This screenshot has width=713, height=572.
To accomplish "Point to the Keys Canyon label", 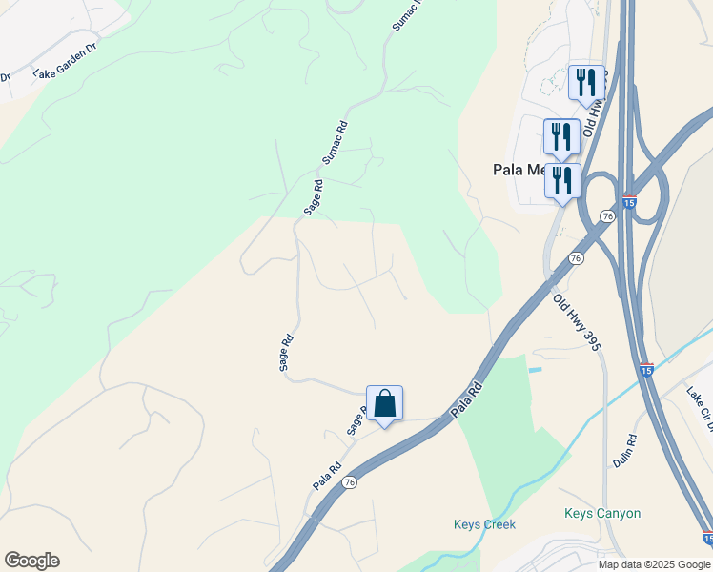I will pyautogui.click(x=602, y=513).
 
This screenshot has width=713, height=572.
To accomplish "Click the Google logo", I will pyautogui.click(x=31, y=561).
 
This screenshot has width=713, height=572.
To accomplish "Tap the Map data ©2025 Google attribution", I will pyautogui.click(x=654, y=564).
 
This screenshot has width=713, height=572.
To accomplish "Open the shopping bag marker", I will pyautogui.click(x=384, y=404).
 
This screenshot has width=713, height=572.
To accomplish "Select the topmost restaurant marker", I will pyautogui.click(x=586, y=82).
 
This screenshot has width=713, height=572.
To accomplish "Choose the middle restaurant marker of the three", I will pyautogui.click(x=561, y=136).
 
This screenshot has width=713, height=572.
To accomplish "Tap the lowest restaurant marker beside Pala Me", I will pyautogui.click(x=562, y=180).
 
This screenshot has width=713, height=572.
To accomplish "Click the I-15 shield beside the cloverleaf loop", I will pyautogui.click(x=628, y=202).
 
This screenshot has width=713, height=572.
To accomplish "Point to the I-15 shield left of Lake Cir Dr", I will pyautogui.click(x=646, y=369).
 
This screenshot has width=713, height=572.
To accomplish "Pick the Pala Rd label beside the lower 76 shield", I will pyautogui.click(x=327, y=477).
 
